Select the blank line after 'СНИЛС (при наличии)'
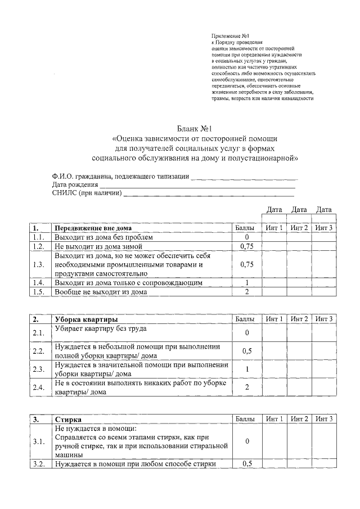(x=209, y=194)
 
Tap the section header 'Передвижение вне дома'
(x=93, y=228)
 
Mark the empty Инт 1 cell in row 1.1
(x=274, y=237)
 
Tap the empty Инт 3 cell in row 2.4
(x=324, y=388)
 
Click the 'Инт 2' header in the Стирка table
(x=299, y=420)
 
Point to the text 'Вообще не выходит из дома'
(x=100, y=292)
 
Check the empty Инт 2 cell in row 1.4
(x=299, y=283)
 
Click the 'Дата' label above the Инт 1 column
(x=274, y=210)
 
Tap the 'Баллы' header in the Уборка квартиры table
(x=245, y=319)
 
